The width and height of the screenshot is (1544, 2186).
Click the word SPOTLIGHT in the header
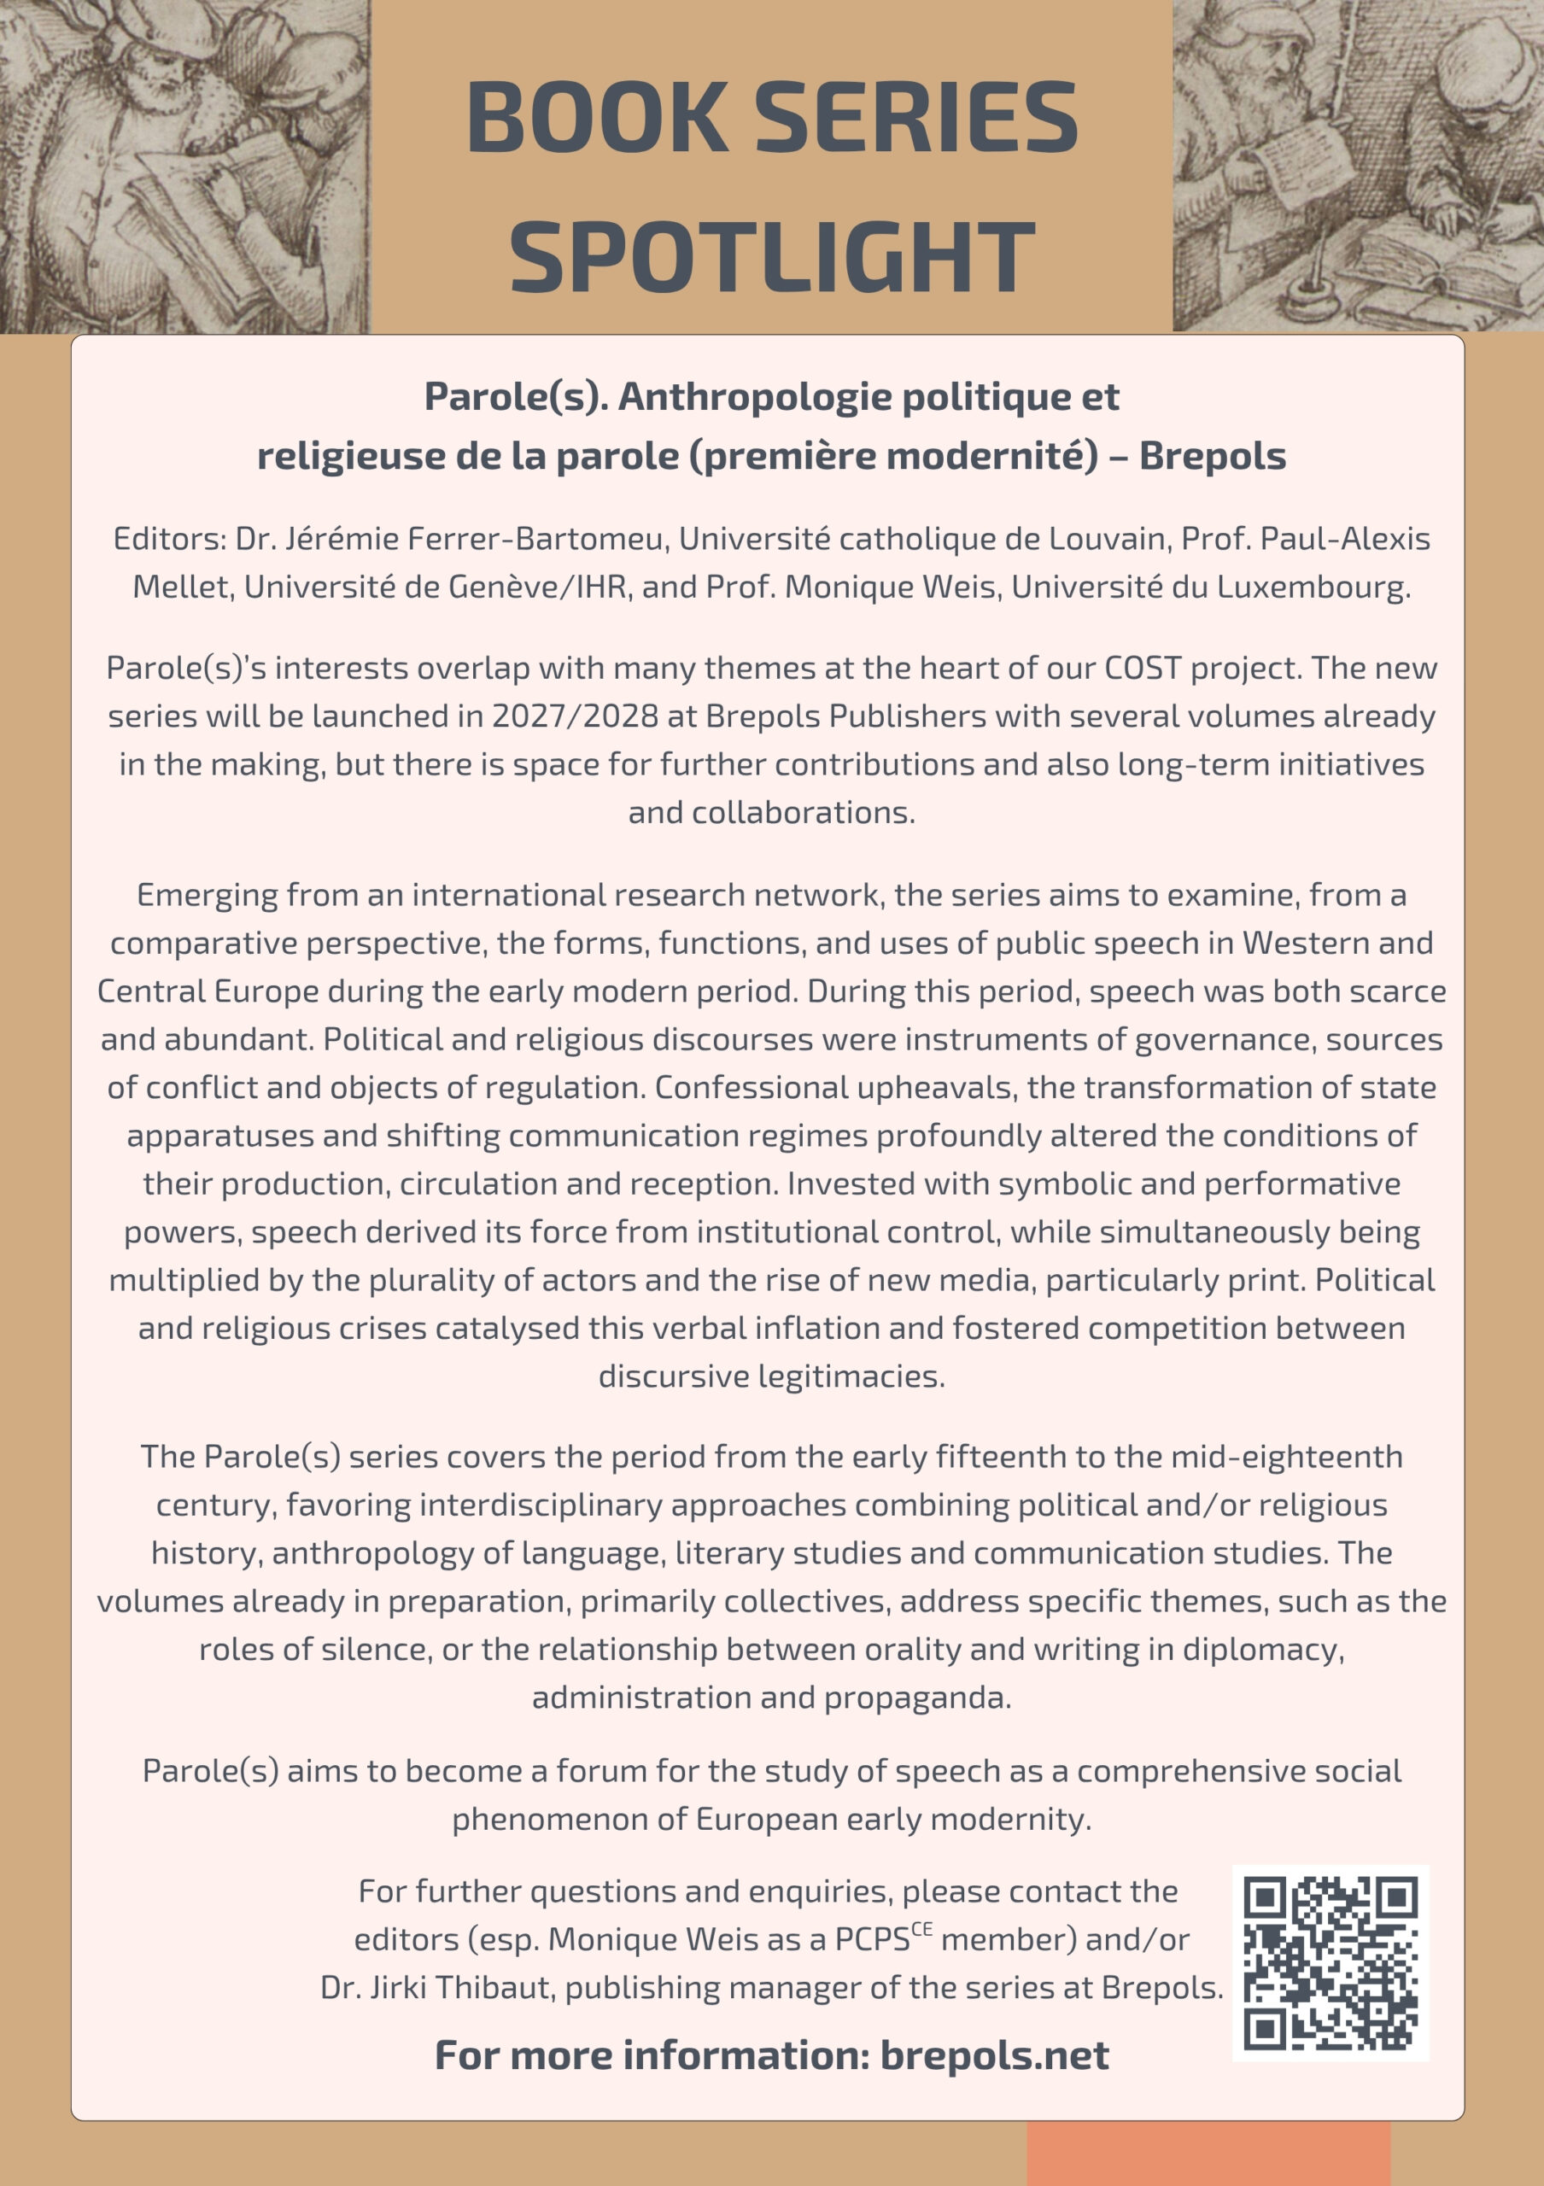click(772, 256)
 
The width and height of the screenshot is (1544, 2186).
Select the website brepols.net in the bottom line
click(994, 2054)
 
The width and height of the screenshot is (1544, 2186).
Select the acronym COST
click(1143, 668)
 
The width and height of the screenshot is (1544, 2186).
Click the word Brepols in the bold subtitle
click(1212, 456)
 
